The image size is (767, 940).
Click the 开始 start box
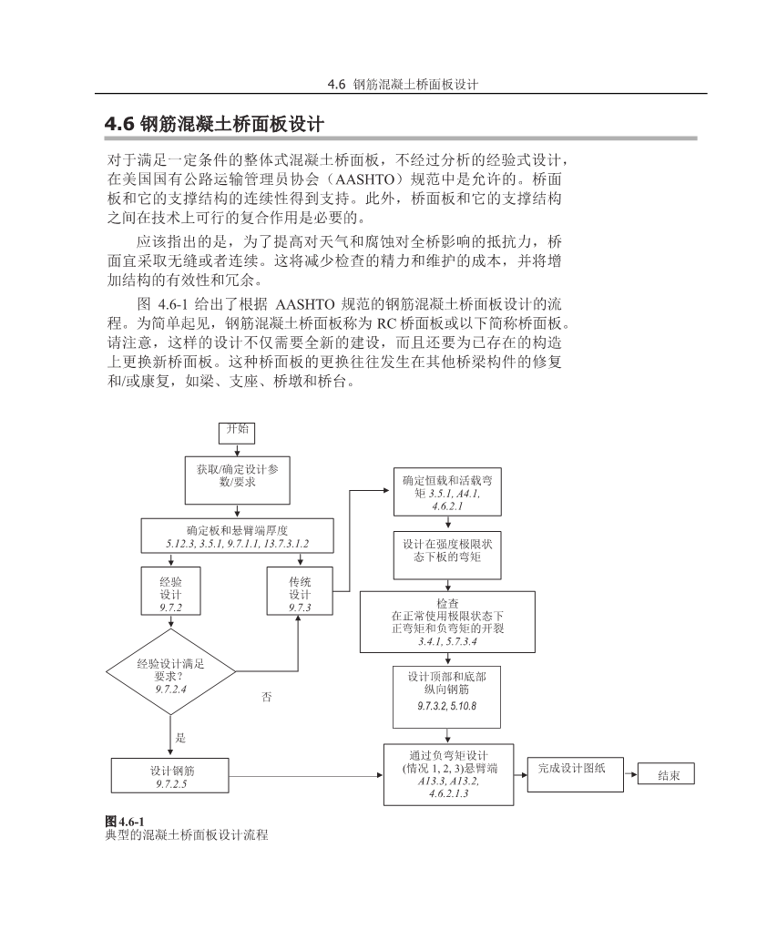click(x=237, y=432)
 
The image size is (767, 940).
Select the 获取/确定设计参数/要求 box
click(x=237, y=479)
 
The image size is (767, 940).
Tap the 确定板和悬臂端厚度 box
click(x=237, y=536)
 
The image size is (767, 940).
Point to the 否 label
click(x=267, y=696)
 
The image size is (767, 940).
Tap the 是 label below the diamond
click(x=180, y=738)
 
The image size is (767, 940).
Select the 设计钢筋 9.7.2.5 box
click(x=170, y=776)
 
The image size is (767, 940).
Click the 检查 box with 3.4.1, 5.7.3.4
click(x=446, y=622)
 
